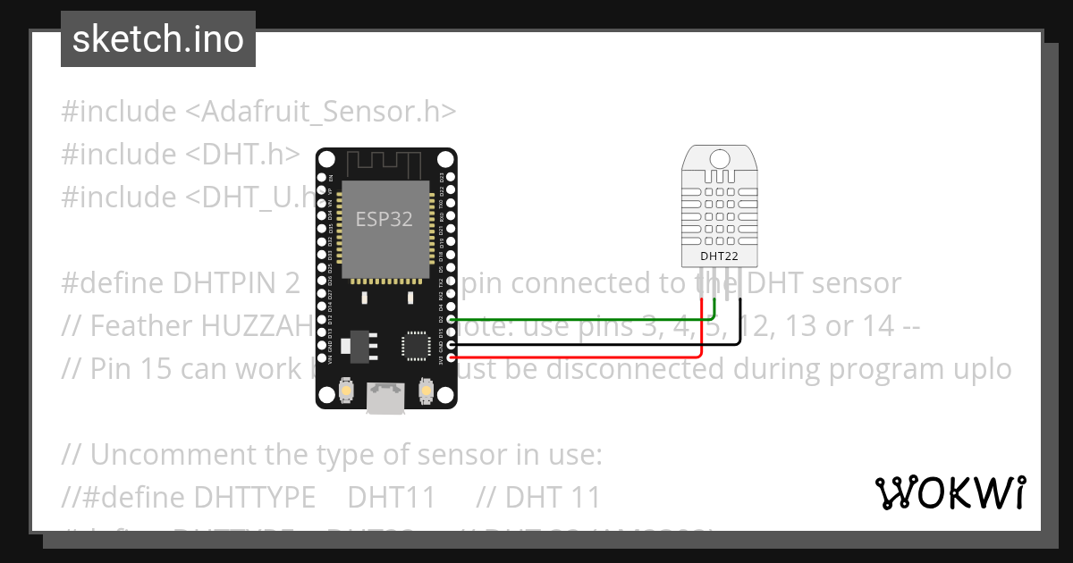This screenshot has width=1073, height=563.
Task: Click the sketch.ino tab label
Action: (158, 39)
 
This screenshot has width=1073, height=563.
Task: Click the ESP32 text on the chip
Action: (384, 219)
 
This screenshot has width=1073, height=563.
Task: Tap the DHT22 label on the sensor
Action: (720, 256)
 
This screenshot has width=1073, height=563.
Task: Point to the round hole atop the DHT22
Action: (720, 160)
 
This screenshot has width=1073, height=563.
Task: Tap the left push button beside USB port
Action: (347, 391)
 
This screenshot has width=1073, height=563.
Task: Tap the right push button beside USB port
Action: (424, 391)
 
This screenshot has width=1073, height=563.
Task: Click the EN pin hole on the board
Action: (322, 177)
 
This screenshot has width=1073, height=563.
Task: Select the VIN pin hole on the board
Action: (322, 357)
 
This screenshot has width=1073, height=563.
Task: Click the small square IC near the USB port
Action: (415, 345)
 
